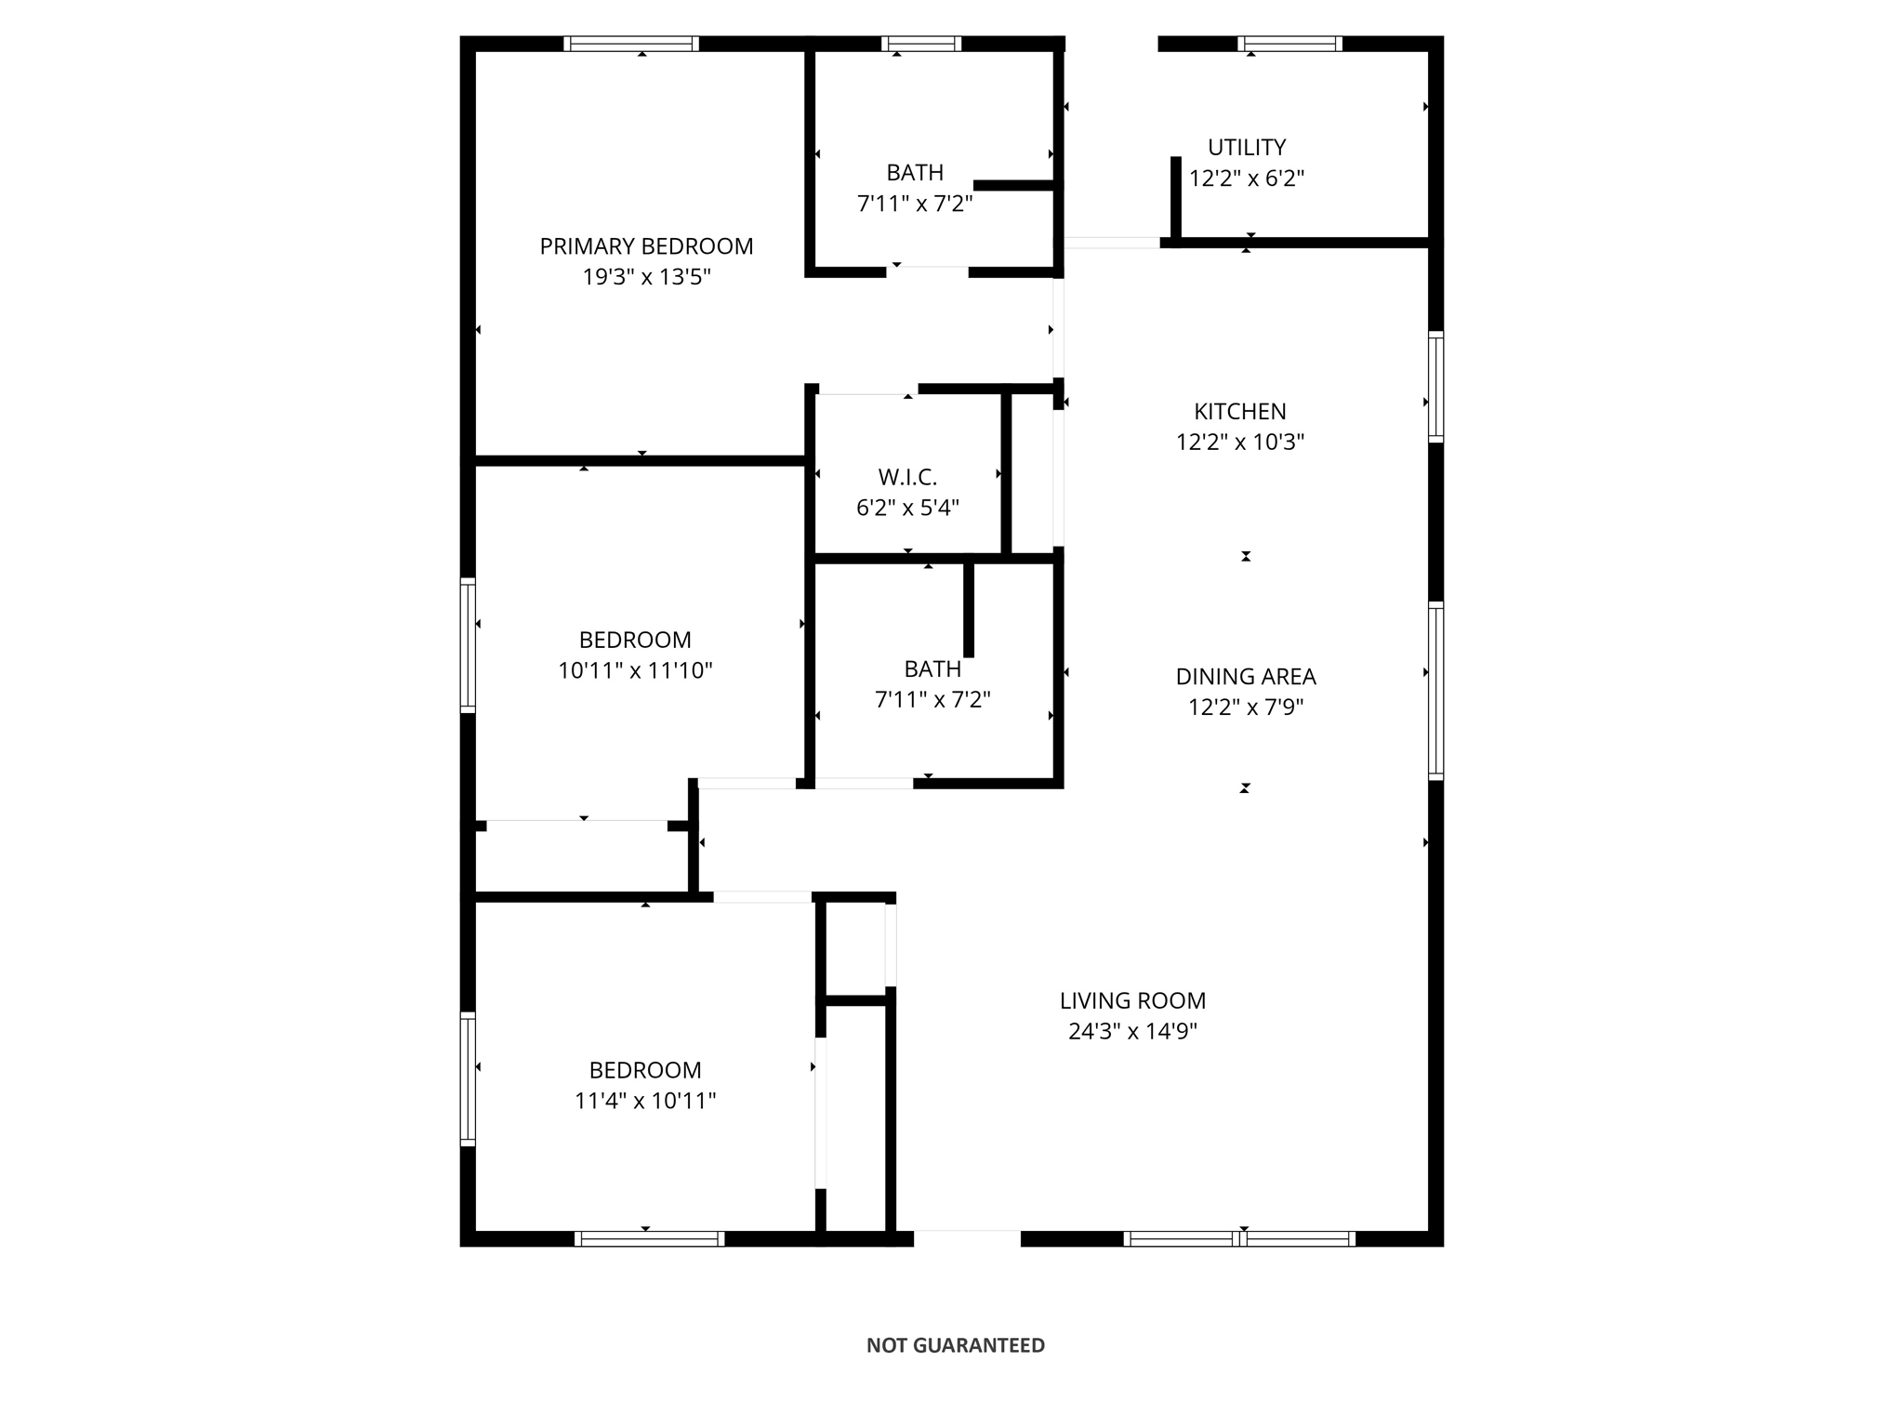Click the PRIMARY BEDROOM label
pyautogui.click(x=646, y=246)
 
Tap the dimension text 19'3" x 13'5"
pyautogui.click(x=646, y=277)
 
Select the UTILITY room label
pyautogui.click(x=1247, y=147)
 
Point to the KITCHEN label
pyautogui.click(x=1240, y=411)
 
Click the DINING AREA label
pyautogui.click(x=1246, y=677)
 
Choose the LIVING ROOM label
pyautogui.click(x=1132, y=1000)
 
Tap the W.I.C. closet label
pyautogui.click(x=907, y=477)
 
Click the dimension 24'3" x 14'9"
pyautogui.click(x=1132, y=1031)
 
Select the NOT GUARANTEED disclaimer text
pyautogui.click(x=955, y=1345)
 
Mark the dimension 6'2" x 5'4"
pyautogui.click(x=907, y=508)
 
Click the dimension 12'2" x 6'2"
pyautogui.click(x=1247, y=178)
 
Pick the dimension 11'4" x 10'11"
pyautogui.click(x=645, y=1101)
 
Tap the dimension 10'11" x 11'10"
pyautogui.click(x=635, y=670)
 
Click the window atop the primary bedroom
pyautogui.click(x=631, y=44)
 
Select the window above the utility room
pyautogui.click(x=1290, y=44)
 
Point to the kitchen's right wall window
pyautogui.click(x=1436, y=387)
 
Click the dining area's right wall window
pyautogui.click(x=1436, y=691)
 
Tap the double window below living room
pyautogui.click(x=1239, y=1238)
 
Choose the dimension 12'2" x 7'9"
pyautogui.click(x=1246, y=707)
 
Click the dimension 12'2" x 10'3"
pyautogui.click(x=1240, y=442)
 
